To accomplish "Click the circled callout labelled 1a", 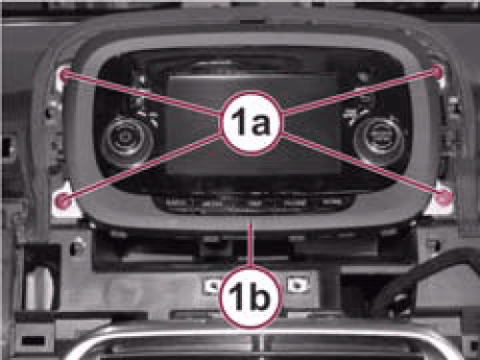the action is pos(252,123).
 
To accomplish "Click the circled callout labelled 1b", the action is pos(252,297).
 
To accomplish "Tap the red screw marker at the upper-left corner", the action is pos(65,74).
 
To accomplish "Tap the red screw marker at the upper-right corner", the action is pos(438,71).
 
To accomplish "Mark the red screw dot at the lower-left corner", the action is pos(62,201).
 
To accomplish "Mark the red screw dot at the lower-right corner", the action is pos(444,198).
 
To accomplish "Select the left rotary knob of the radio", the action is pos(128,138).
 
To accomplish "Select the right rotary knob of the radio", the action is pos(379,136).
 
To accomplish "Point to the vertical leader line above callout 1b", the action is pos(252,244).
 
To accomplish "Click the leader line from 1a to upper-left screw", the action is pos(144,95).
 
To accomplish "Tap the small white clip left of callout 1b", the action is pos(212,284).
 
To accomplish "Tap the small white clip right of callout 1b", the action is pos(298,284).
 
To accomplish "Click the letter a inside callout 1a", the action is pos(261,124).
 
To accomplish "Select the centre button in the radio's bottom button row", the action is pos(255,203).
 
